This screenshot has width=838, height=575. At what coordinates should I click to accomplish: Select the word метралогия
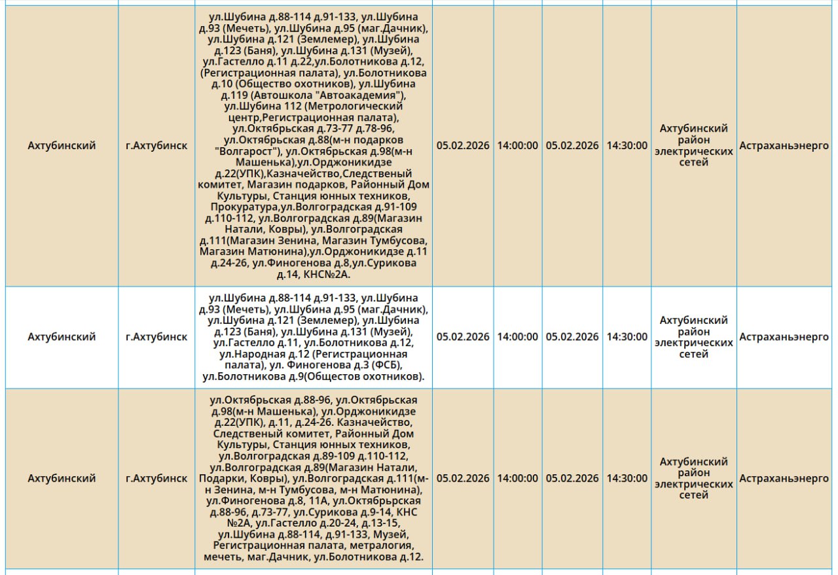tap(382, 546)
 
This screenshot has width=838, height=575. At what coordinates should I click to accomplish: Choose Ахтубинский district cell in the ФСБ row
tap(62, 337)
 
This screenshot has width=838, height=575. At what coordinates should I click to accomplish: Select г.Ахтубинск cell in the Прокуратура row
tap(156, 146)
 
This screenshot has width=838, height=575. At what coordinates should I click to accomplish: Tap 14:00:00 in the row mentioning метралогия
tap(517, 478)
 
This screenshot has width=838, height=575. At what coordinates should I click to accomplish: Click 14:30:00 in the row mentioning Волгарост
tap(627, 146)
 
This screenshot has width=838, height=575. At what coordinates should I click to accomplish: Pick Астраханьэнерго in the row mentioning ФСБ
tap(784, 337)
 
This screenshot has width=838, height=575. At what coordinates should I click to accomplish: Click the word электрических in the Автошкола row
tap(693, 151)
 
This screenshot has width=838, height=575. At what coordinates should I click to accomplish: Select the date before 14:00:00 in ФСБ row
tap(463, 337)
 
